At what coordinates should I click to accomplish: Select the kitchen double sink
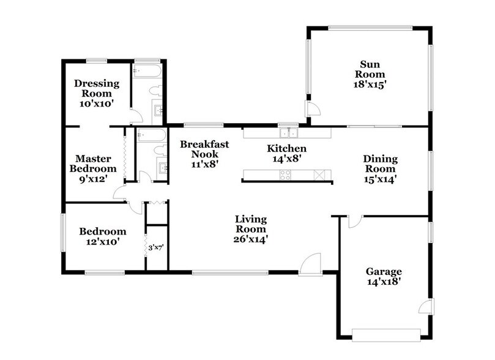coord(287,132)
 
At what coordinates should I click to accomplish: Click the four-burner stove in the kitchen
coord(286,176)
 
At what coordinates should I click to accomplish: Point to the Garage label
coord(384,271)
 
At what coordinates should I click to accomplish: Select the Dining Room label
coord(381,163)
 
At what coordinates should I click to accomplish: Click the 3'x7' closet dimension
coord(157,248)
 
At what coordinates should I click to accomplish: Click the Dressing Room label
coord(93,89)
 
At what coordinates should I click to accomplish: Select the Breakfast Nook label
coord(204,149)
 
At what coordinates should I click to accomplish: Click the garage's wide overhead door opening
coord(386,334)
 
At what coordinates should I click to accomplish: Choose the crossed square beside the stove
coord(318,176)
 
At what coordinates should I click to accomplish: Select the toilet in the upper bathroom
coord(154,91)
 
